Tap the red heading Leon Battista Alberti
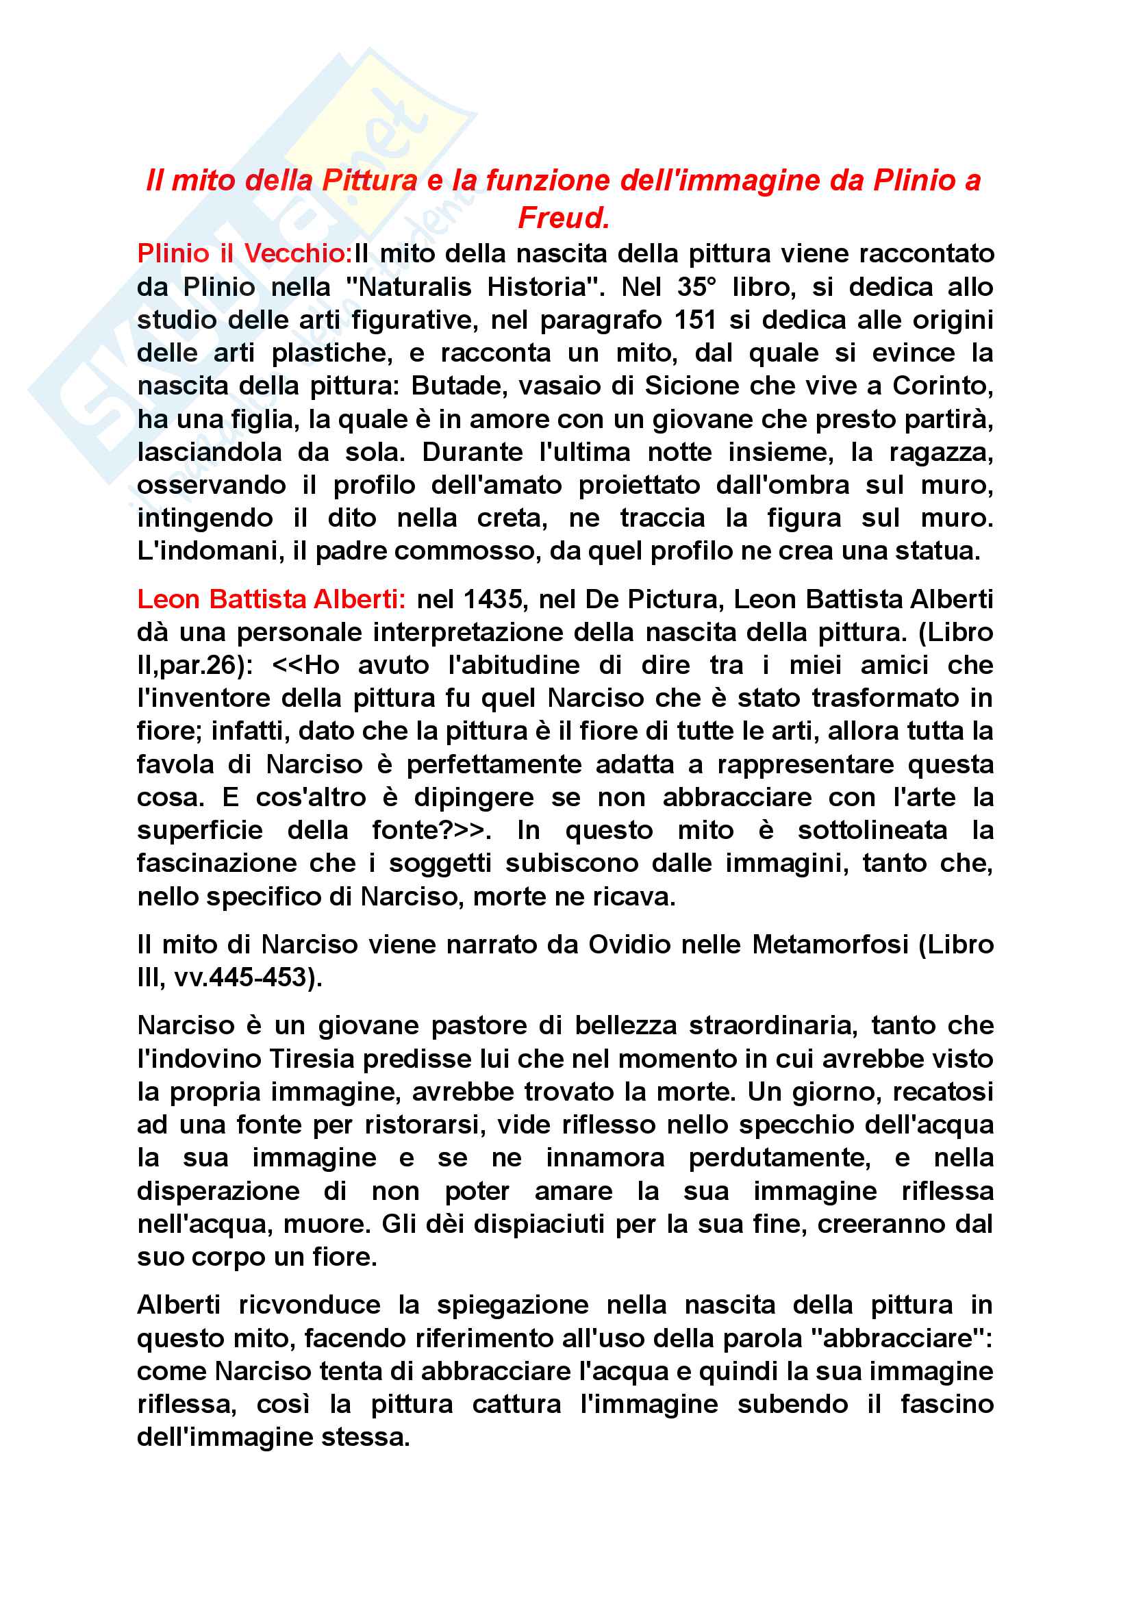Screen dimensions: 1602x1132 pyautogui.click(x=271, y=599)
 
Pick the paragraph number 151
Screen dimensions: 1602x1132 pyautogui.click(x=695, y=321)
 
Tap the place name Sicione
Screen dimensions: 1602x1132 pyautogui.click(x=691, y=386)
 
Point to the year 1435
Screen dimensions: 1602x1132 pyautogui.click(x=492, y=599)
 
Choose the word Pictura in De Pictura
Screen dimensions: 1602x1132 pyautogui.click(x=671, y=599)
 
